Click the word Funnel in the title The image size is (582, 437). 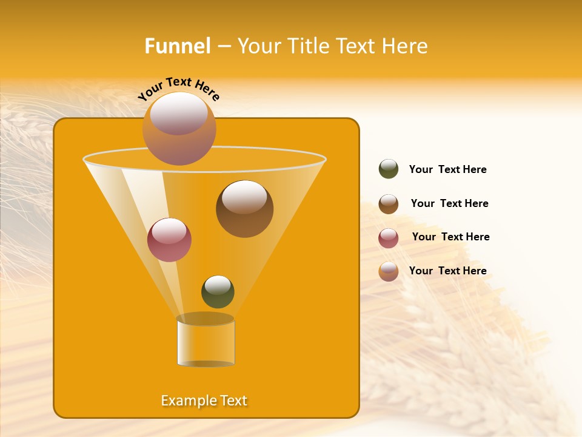(x=178, y=46)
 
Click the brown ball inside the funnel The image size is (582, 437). (x=244, y=209)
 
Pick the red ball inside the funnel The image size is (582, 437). (x=169, y=240)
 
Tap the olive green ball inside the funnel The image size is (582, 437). (x=218, y=292)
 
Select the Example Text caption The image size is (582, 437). (x=204, y=401)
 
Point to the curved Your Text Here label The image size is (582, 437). (x=178, y=89)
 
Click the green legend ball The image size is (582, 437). (x=389, y=169)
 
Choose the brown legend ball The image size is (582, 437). (x=389, y=204)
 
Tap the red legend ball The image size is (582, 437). (x=389, y=238)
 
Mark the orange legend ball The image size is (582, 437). (x=389, y=271)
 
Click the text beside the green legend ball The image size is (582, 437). (x=447, y=169)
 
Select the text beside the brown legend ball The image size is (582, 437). (x=449, y=203)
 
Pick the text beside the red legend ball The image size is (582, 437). (x=450, y=237)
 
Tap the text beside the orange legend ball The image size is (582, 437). (x=447, y=271)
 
